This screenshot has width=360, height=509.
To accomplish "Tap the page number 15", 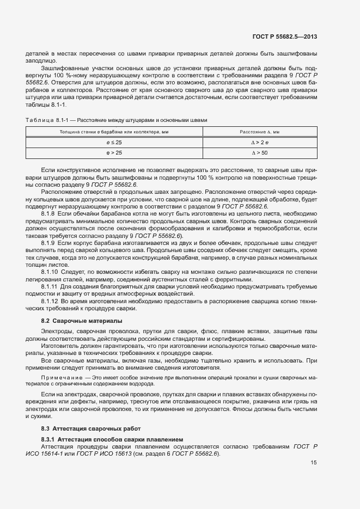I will point(313,463).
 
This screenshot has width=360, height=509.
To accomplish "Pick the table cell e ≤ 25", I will point(114,143).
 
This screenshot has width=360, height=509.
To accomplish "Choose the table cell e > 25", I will point(114,154).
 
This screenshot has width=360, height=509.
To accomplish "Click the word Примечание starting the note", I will point(60,377).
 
